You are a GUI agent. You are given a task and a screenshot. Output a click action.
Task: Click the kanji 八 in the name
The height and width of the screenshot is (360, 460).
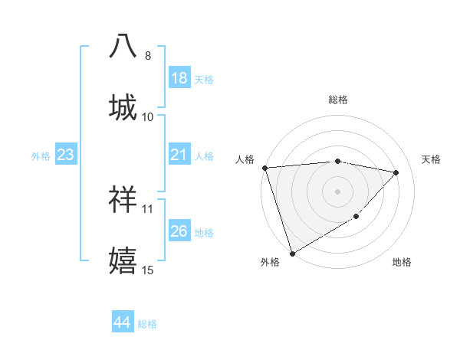click(x=123, y=46)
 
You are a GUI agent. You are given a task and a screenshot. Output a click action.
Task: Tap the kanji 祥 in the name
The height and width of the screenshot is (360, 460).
click(x=123, y=199)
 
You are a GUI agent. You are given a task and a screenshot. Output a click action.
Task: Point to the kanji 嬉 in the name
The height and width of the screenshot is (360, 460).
click(x=123, y=260)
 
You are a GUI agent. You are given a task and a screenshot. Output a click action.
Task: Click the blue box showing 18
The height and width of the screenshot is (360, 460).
click(x=179, y=77)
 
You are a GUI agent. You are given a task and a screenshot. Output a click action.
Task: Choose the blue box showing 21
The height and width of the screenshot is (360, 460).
click(x=179, y=154)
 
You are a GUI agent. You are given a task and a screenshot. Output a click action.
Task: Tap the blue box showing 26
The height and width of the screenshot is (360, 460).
click(x=179, y=231)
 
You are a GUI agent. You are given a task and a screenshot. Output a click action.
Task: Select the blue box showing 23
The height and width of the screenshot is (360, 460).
click(x=66, y=154)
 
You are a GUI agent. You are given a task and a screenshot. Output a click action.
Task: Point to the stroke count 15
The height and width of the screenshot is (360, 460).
click(x=148, y=270)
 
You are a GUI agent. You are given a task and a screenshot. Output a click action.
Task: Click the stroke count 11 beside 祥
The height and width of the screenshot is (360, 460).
click(x=148, y=208)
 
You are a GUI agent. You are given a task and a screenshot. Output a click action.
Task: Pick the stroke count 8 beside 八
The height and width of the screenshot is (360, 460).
click(x=148, y=55)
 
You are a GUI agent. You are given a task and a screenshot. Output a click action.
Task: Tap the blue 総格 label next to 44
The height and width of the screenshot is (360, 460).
click(x=148, y=324)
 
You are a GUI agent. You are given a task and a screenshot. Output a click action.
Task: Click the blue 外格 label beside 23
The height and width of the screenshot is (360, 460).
click(x=41, y=155)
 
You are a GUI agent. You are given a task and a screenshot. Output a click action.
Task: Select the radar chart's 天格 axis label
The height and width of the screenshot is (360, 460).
click(x=432, y=159)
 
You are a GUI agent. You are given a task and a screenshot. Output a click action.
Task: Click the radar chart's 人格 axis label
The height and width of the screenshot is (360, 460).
click(x=245, y=159)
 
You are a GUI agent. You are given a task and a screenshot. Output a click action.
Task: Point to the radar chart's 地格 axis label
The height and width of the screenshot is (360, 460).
click(x=402, y=262)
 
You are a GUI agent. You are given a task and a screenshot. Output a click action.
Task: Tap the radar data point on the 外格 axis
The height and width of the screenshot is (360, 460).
click(x=292, y=254)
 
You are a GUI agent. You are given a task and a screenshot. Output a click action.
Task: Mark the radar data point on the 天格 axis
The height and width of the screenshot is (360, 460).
click(x=396, y=172)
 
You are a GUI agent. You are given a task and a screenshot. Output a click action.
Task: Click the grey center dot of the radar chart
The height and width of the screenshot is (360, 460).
click(x=337, y=191)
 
